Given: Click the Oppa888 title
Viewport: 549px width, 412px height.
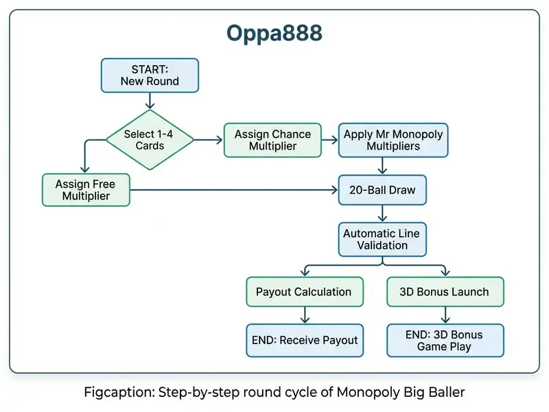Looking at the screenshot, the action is coord(274,34).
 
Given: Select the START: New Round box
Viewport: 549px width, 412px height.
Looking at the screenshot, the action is coord(150,76).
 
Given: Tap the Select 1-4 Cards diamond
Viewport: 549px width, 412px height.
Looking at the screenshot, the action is coord(150,140).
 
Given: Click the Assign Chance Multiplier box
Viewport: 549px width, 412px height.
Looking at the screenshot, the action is coord(272,140).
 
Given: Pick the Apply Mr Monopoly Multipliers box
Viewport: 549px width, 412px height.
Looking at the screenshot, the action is coord(393,140).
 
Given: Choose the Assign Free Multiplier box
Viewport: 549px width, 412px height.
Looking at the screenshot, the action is coord(86,190).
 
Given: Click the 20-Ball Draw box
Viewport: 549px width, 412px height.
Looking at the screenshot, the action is coord(382,190).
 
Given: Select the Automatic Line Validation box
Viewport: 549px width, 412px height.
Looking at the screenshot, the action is coord(382,239).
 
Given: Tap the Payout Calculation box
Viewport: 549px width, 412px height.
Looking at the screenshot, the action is coord(305,292).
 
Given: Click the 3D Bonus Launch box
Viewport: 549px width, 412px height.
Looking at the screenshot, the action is coord(445,292).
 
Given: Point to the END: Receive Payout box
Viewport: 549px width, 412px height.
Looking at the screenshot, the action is coord(305,340).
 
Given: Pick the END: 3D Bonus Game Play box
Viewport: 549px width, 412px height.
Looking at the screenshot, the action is coord(445,340).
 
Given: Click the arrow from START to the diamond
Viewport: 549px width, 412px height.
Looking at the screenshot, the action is coord(150,101).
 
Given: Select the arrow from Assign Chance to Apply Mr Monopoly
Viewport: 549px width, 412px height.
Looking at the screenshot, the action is coord(330,140).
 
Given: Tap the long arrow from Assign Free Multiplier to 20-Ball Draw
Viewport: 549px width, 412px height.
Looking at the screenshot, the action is coord(234,190).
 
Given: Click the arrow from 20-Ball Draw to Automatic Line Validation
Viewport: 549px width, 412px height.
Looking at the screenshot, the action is coord(382,214).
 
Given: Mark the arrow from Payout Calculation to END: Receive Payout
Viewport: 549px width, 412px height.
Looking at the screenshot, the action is coord(305,315).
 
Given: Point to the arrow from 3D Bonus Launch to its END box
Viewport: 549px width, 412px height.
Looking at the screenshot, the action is coord(445,315).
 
